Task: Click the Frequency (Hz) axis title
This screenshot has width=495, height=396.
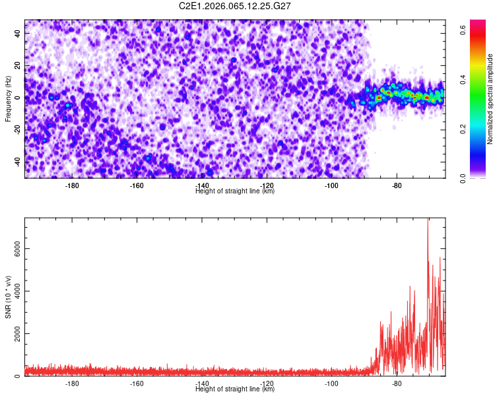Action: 8,98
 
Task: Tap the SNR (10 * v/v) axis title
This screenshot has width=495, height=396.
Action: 8,296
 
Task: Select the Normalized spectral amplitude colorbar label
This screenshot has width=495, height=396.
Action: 473,99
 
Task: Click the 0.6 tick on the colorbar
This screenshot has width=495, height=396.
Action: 464,29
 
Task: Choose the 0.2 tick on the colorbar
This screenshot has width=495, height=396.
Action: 464,129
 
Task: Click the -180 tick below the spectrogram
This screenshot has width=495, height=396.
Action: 72,185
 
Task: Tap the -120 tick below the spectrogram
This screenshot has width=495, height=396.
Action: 267,185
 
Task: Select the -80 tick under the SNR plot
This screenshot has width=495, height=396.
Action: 396,383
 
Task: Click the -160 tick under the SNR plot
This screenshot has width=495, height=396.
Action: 137,383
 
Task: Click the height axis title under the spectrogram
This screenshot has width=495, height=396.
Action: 235,191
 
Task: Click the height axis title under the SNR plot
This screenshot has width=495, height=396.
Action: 235,389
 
